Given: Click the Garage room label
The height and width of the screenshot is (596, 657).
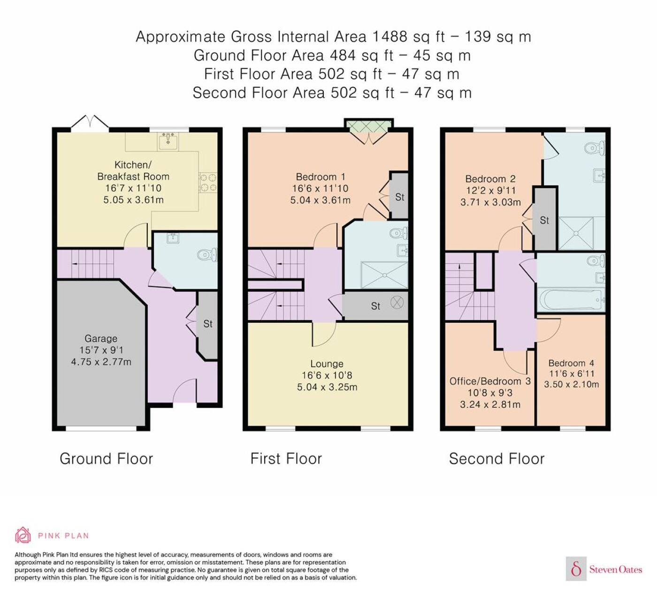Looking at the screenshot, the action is [x=101, y=338].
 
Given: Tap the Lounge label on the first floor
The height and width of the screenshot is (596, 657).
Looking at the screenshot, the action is [x=327, y=364].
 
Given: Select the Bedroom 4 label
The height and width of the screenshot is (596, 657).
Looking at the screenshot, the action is [x=571, y=363].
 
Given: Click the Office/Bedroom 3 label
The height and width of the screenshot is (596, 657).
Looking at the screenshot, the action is [x=490, y=381].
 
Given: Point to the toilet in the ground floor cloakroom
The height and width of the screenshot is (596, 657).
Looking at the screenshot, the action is [x=207, y=254].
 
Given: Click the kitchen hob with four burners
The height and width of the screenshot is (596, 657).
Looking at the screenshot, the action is [x=208, y=183].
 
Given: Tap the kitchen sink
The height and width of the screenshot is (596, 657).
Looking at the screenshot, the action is [x=168, y=141].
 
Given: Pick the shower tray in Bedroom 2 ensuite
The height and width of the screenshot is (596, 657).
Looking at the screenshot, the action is [x=576, y=233].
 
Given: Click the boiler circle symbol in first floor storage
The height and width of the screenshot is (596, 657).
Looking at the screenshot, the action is [x=397, y=302].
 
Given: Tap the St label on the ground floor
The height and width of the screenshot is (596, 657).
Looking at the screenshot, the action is [x=208, y=324].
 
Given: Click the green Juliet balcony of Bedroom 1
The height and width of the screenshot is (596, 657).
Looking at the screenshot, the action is [x=369, y=126].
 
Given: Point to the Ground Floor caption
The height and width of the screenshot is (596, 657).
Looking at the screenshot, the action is [x=106, y=458].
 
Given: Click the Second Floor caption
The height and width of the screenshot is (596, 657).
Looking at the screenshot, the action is [x=497, y=458].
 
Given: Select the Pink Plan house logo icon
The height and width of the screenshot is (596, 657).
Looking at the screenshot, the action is [x=23, y=535].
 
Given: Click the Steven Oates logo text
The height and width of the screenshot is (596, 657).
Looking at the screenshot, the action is [x=616, y=569].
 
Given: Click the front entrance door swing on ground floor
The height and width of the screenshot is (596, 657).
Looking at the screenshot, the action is [x=184, y=390].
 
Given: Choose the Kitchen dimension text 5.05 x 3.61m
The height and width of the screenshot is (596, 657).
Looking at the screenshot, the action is [x=133, y=199].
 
